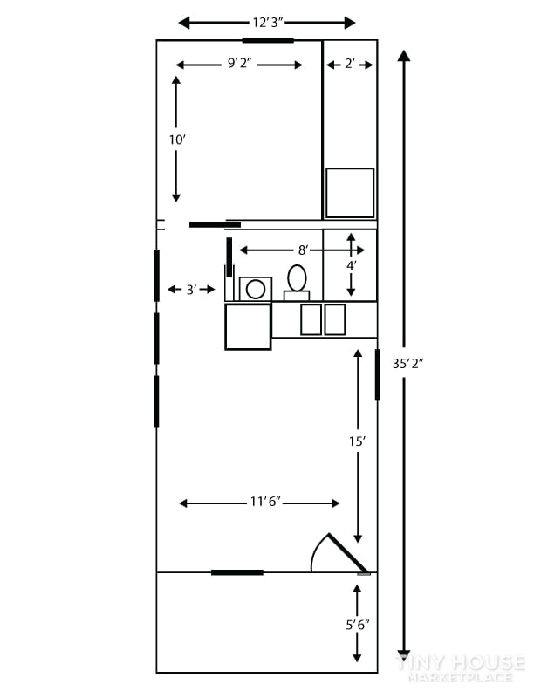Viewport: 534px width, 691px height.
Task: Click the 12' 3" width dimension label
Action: (267, 23)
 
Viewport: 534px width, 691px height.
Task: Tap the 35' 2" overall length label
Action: (407, 364)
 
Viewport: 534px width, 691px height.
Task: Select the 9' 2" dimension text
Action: (239, 64)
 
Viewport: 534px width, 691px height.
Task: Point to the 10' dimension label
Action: (177, 140)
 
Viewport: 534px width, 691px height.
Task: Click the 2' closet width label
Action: (350, 64)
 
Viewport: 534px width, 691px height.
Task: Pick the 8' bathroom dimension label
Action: (303, 250)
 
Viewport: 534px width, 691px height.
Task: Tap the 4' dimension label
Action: (351, 266)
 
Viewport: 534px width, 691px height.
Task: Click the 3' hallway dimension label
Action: (191, 290)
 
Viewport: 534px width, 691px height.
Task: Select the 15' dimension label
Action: (358, 441)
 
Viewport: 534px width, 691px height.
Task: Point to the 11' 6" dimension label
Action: (265, 502)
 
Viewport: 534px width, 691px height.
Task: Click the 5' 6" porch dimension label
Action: (358, 625)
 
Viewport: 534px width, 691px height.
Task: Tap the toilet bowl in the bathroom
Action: (297, 278)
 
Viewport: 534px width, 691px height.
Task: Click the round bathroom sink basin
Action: (256, 290)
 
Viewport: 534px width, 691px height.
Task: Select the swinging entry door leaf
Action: (348, 553)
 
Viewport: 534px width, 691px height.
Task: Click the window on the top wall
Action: (268, 40)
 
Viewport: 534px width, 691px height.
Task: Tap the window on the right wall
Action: (378, 374)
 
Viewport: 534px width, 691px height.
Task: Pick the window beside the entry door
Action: (237, 572)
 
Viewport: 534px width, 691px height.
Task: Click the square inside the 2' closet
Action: (350, 193)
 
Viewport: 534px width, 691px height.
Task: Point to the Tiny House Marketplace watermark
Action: (461, 667)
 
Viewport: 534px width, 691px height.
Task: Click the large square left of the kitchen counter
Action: (248, 326)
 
